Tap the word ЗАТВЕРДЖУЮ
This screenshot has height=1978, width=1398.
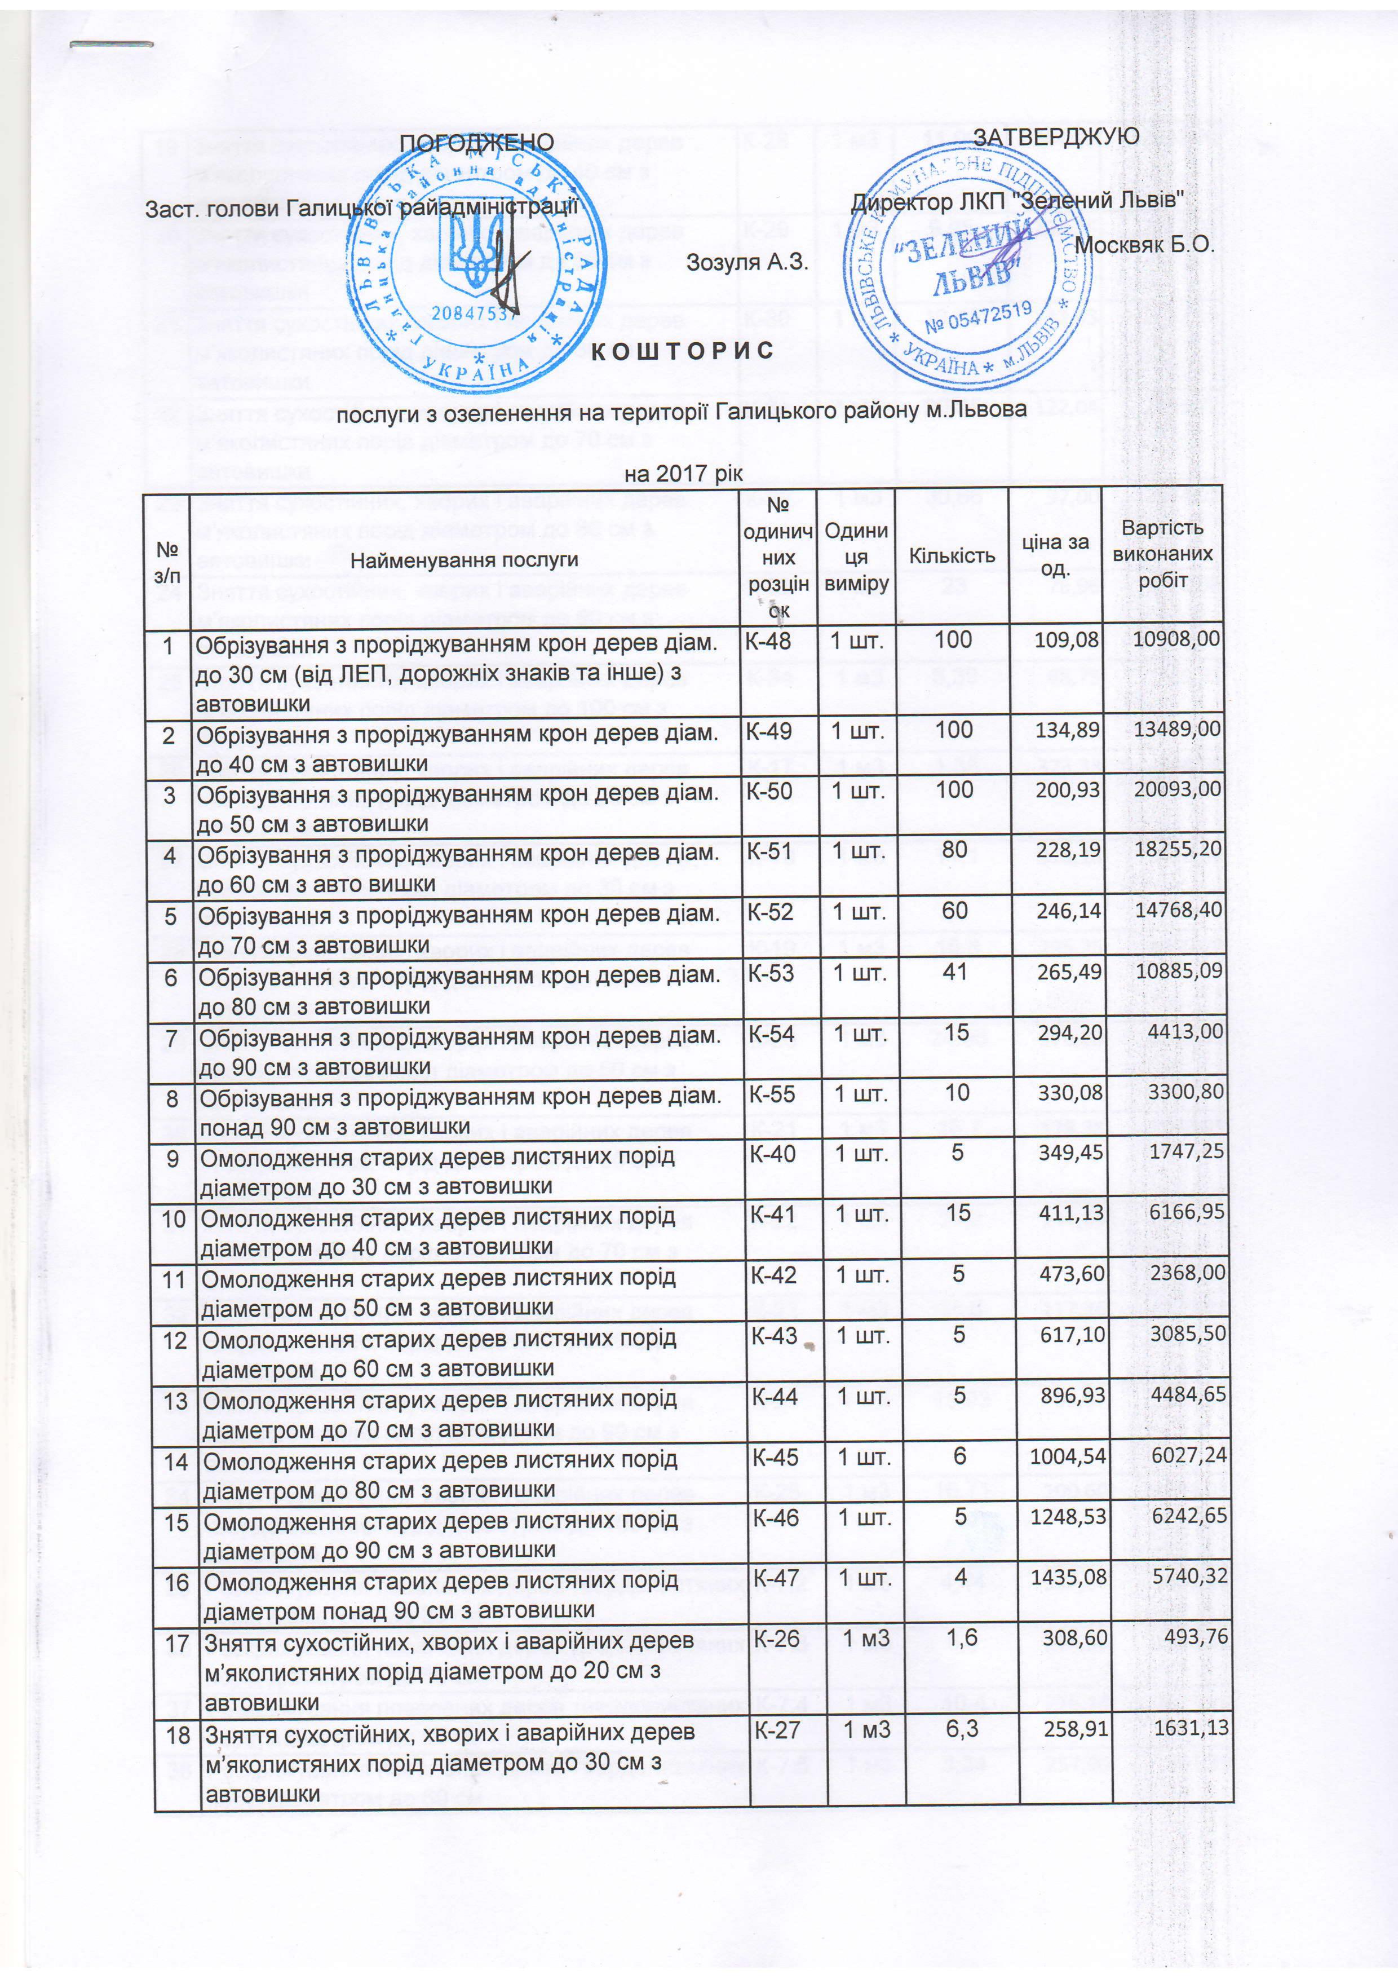pyautogui.click(x=1055, y=136)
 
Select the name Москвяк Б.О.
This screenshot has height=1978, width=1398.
pyautogui.click(x=1145, y=244)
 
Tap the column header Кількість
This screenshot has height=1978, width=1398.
pyautogui.click(x=953, y=555)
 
